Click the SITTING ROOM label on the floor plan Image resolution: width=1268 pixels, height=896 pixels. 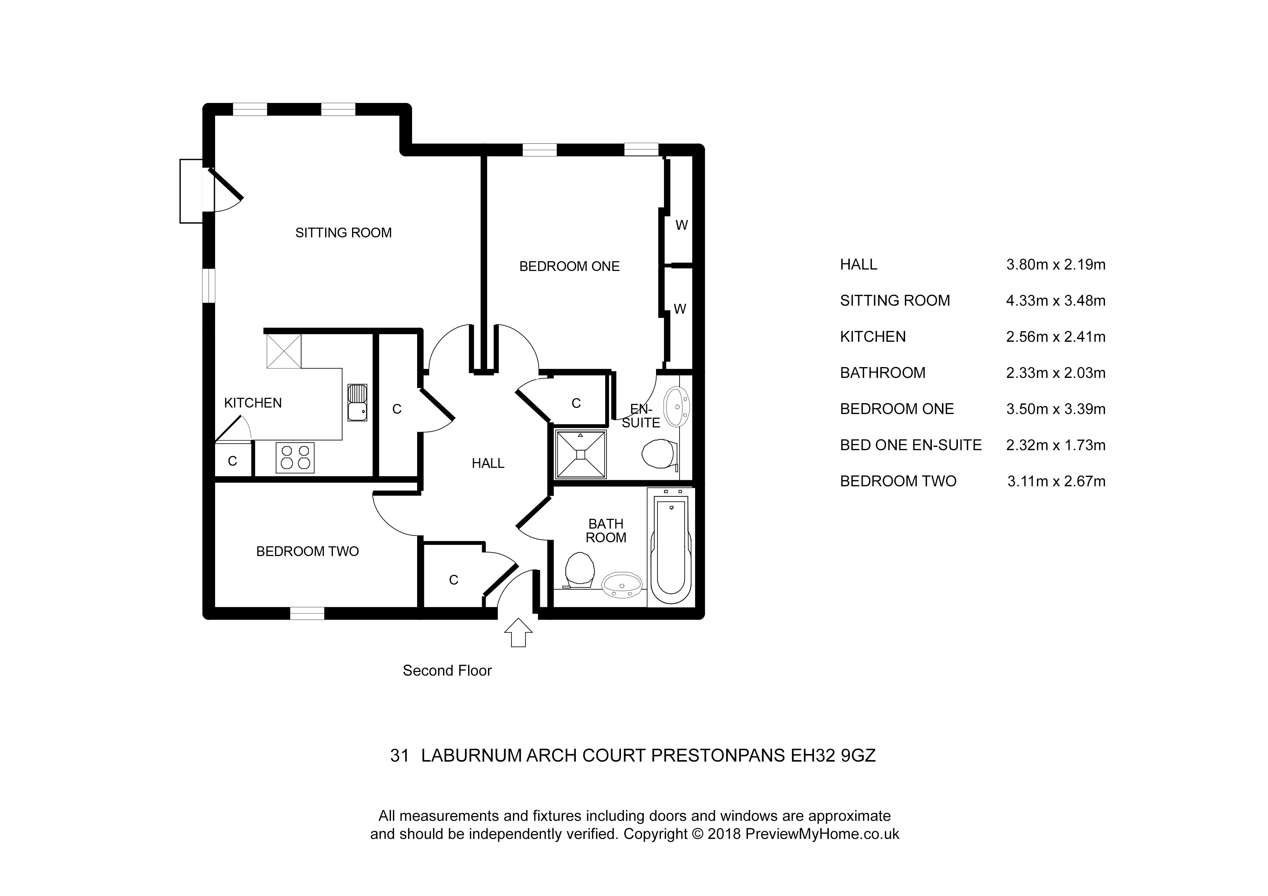point(343,233)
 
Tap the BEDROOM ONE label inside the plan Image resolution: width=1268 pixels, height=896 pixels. point(569,267)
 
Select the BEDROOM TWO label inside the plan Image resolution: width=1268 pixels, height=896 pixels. point(308,552)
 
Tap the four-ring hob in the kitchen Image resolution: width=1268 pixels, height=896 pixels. point(295,458)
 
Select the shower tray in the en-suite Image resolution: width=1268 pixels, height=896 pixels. point(581,454)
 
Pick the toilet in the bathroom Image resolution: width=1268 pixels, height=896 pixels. point(580,570)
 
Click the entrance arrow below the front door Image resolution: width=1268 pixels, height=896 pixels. point(518,632)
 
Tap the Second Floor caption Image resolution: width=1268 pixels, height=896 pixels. point(447,671)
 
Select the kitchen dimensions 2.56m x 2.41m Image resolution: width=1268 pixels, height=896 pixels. point(1056,337)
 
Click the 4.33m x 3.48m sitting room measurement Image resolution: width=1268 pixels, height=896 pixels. point(1056,301)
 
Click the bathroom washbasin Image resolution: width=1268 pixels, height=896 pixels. point(622,585)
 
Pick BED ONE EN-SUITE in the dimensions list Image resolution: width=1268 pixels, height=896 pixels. point(911,445)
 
